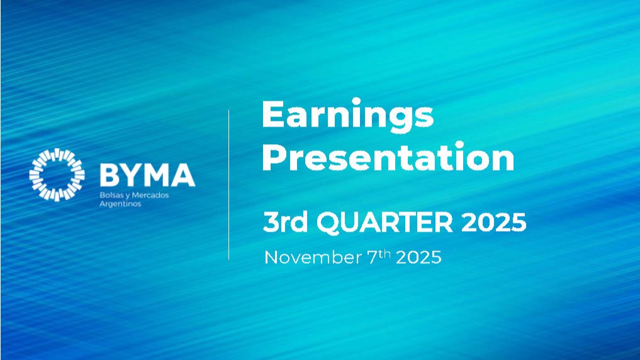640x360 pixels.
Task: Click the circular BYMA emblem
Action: [x=57, y=174]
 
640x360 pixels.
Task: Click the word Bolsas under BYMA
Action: [x=109, y=195]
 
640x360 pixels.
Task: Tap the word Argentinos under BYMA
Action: [x=120, y=204]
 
